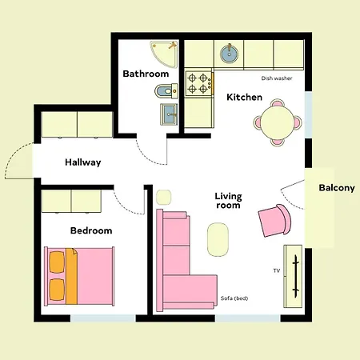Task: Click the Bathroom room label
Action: (x=145, y=74)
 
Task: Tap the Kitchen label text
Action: (x=244, y=97)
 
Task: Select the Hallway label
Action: (x=82, y=162)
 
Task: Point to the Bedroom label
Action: (x=90, y=230)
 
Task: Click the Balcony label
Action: (x=336, y=188)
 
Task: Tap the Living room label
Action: (x=228, y=201)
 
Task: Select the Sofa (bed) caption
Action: (x=234, y=298)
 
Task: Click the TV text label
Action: (x=276, y=271)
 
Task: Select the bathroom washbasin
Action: (x=170, y=114)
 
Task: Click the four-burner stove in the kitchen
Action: (x=199, y=80)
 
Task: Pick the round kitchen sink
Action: (x=229, y=54)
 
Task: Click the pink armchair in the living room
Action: (x=275, y=220)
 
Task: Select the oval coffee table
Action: (x=218, y=238)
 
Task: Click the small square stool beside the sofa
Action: (x=163, y=197)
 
